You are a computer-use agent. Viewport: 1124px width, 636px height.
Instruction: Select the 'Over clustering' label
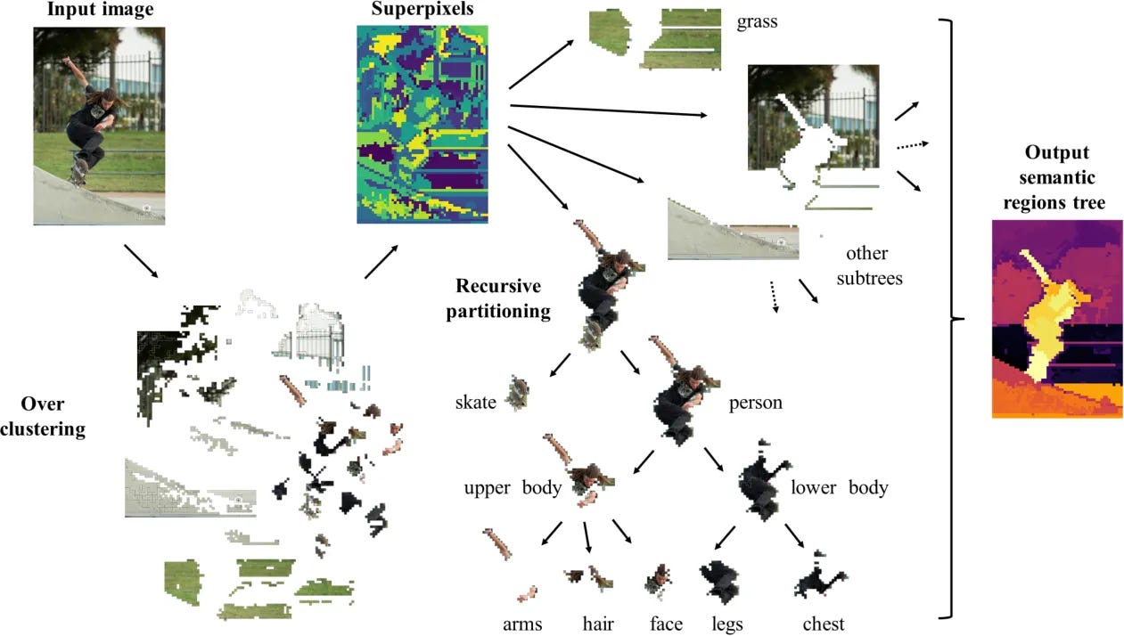(x=43, y=416)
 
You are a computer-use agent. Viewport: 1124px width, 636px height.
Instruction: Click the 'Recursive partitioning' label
(x=503, y=299)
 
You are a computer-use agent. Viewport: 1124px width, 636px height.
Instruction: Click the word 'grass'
(x=757, y=21)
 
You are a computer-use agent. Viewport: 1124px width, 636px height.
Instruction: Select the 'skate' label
(x=475, y=403)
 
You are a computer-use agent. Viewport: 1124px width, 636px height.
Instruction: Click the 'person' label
(x=755, y=403)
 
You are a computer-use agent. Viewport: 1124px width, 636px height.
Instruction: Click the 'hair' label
(x=597, y=624)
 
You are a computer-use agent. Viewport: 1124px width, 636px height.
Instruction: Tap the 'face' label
(x=666, y=624)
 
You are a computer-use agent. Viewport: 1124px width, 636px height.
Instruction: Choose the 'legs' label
(x=727, y=624)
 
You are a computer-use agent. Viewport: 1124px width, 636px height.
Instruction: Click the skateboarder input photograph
(x=99, y=125)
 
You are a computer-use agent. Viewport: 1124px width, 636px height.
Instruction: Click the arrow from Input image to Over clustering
(x=141, y=260)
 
